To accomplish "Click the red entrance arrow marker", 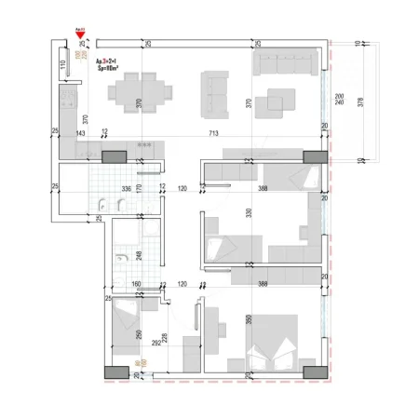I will coord(81,34).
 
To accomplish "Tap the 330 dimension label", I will coord(249,214).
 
